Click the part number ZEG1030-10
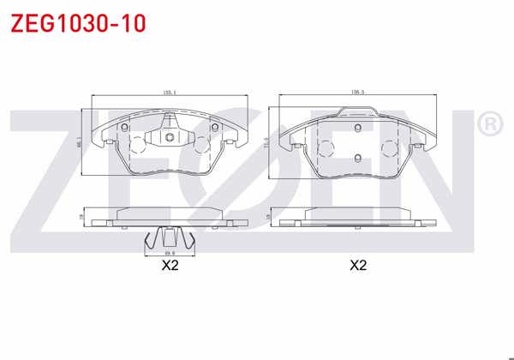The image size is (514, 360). point(78,23)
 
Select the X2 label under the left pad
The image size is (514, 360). point(170,266)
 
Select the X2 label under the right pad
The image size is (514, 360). point(358,266)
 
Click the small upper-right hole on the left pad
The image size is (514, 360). point(214,129)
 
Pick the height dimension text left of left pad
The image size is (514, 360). point(79,141)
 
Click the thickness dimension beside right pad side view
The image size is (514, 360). point(267,219)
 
